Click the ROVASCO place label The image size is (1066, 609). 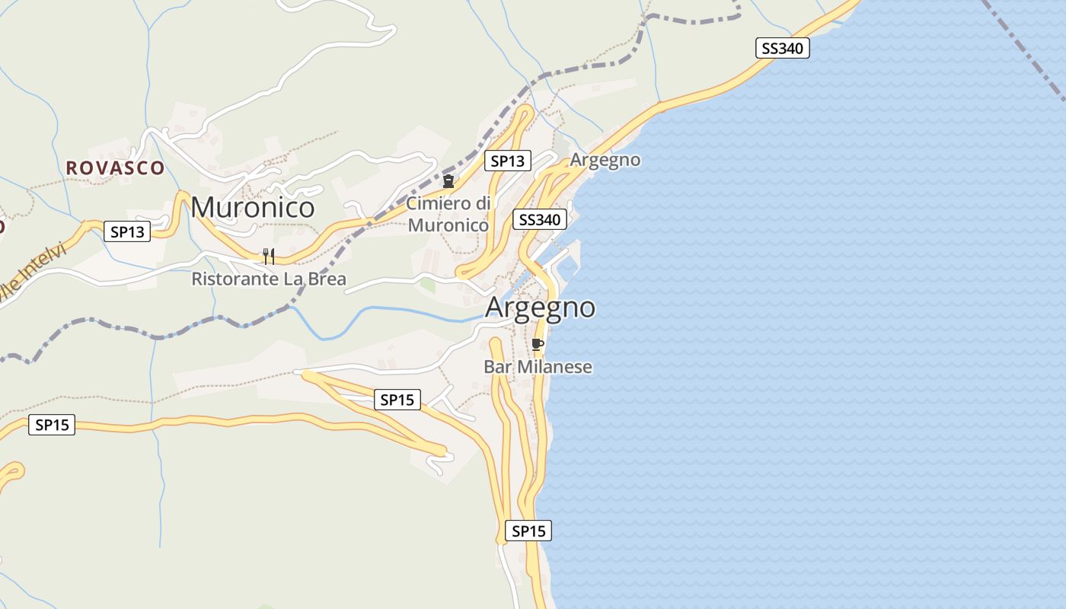tap(115, 167)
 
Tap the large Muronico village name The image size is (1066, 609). tap(252, 207)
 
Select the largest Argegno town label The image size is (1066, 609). tap(540, 307)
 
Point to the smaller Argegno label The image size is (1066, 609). tap(605, 160)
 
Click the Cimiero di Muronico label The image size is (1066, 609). tap(448, 214)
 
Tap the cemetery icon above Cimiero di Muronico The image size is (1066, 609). tap(448, 181)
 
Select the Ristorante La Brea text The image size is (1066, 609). tap(268, 279)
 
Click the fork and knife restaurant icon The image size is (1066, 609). tap(268, 256)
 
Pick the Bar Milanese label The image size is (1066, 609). tap(538, 367)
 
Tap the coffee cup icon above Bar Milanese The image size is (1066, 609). tap(538, 344)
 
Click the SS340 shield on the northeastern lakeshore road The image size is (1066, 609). tap(782, 48)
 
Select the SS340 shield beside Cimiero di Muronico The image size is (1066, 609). tap(540, 220)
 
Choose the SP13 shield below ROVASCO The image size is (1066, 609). tap(127, 231)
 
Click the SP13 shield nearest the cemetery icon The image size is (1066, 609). tap(508, 161)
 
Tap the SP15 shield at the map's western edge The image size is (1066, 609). tap(52, 425)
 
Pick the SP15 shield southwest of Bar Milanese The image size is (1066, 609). tap(397, 399)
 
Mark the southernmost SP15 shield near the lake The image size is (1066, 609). tap(528, 531)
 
